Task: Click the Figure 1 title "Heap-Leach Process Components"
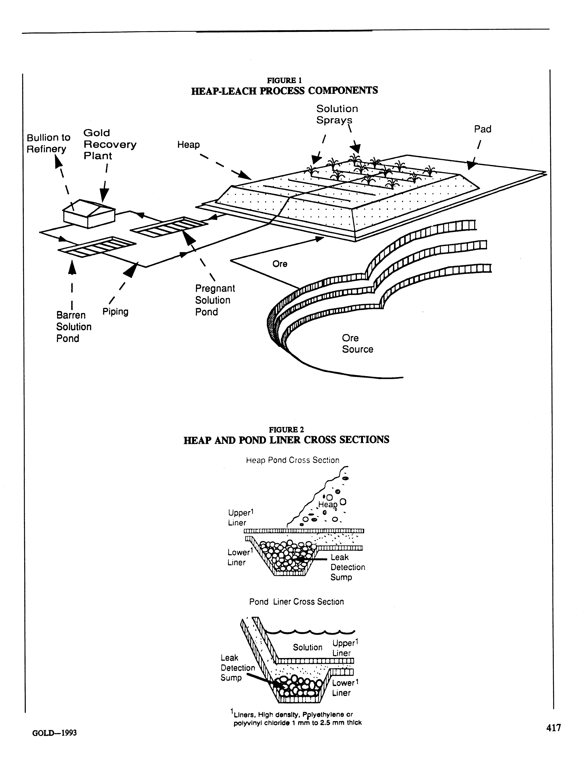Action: coord(284,91)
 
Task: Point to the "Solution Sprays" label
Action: coord(337,114)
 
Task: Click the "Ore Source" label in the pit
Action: coord(357,344)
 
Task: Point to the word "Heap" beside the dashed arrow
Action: coord(188,145)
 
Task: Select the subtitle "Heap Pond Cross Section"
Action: coord(292,460)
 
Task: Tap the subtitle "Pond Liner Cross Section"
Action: coord(296,602)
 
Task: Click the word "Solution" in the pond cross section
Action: coord(307,647)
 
